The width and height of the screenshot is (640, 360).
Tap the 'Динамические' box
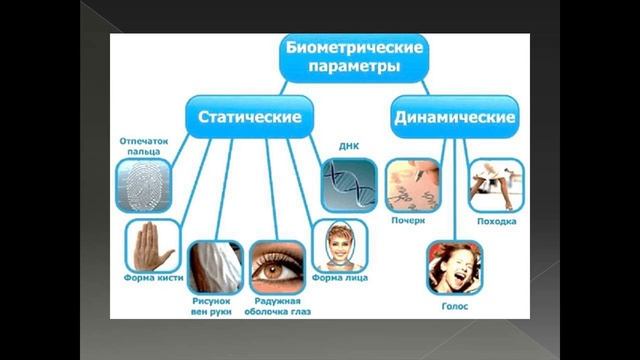pos(453,118)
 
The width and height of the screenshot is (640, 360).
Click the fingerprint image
pos(144,185)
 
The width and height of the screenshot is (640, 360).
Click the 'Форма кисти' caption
pos(152,278)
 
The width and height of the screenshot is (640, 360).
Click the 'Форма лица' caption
pos(335,278)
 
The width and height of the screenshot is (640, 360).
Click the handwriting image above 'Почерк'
pos(413,184)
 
